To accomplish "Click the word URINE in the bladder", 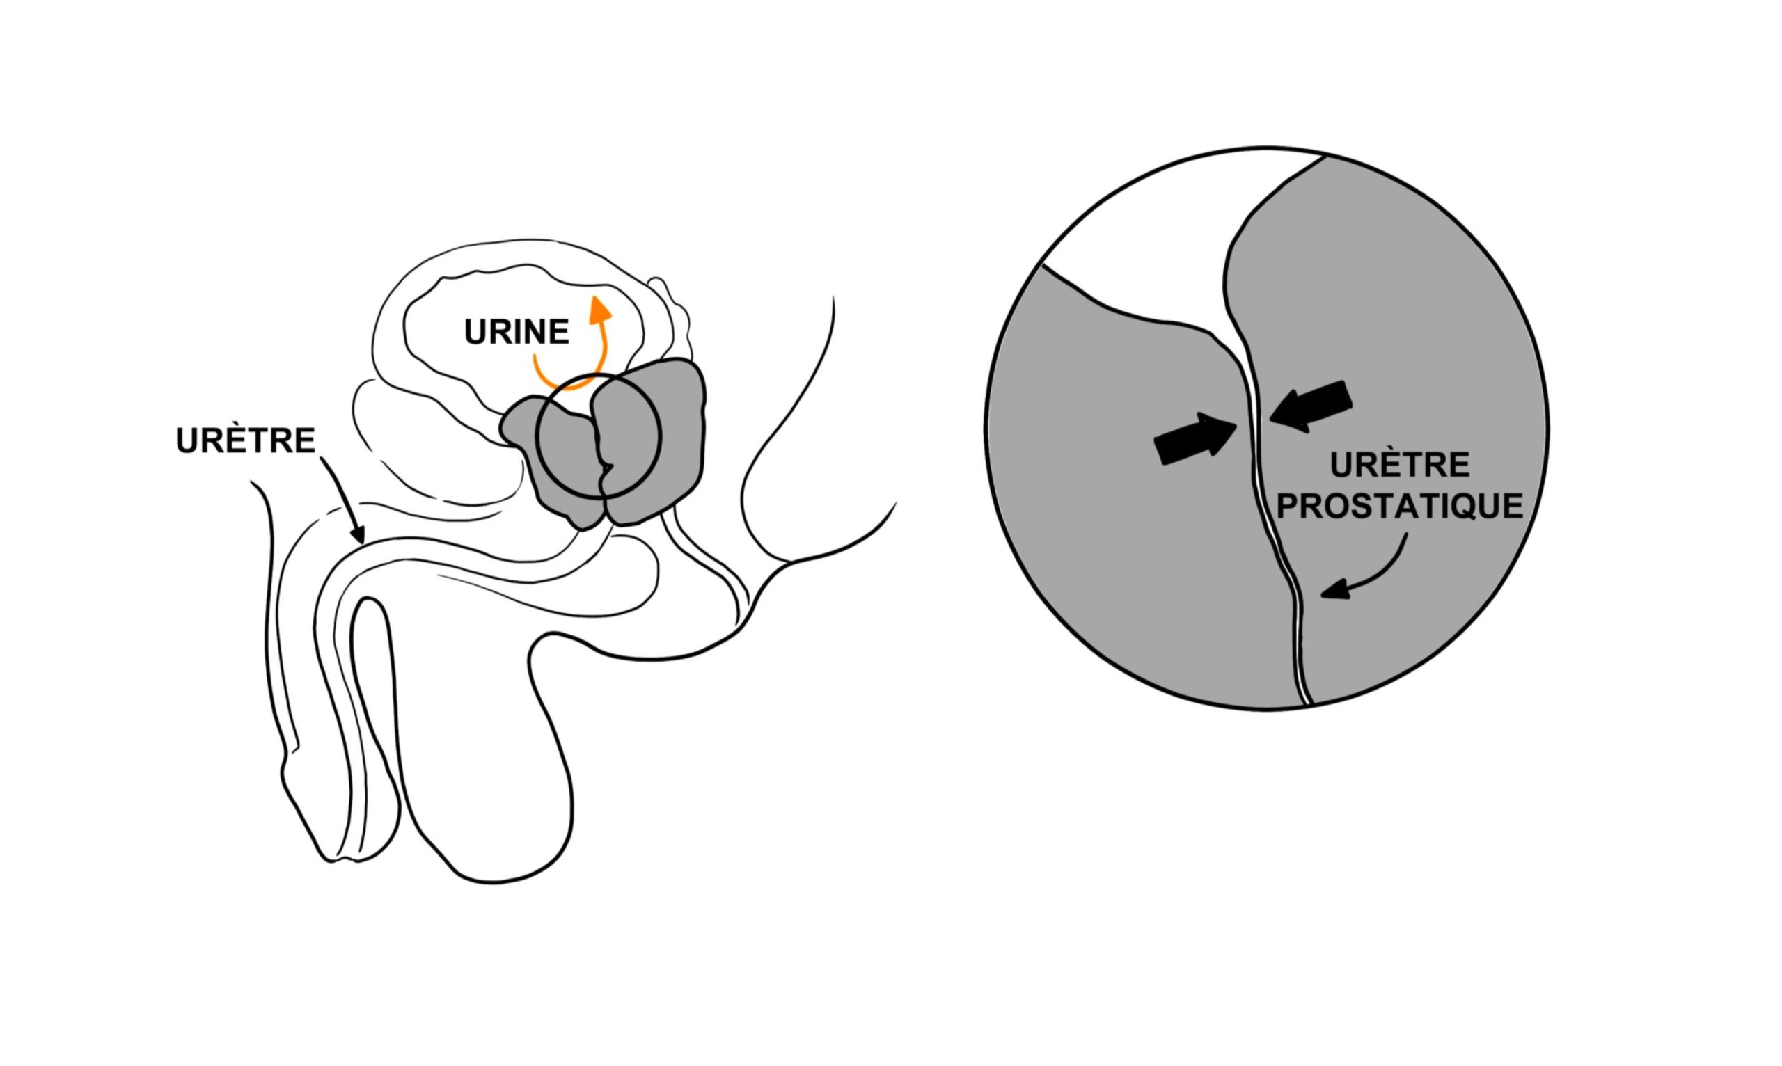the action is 517,332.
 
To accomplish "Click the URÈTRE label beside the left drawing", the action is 246,440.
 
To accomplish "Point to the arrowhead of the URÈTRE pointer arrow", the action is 358,534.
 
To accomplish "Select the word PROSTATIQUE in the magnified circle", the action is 1400,506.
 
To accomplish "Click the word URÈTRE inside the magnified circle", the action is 1400,465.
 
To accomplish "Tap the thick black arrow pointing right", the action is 1195,438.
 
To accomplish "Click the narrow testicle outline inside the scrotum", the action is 374,726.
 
